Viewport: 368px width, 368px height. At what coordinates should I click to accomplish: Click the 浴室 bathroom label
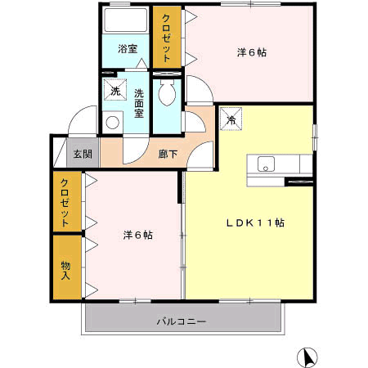click(x=128, y=49)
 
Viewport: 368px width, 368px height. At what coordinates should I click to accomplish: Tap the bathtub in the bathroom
click(x=126, y=20)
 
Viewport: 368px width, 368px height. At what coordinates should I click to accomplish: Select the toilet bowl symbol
click(x=167, y=92)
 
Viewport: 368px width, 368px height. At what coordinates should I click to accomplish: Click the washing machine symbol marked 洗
click(x=115, y=89)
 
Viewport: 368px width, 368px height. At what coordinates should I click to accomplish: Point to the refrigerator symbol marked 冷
click(x=231, y=119)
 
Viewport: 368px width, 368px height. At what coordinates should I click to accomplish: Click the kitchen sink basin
click(x=266, y=164)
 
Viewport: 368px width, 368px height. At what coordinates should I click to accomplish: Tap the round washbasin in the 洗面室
click(x=112, y=123)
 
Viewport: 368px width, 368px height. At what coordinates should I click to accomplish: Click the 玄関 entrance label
click(x=83, y=155)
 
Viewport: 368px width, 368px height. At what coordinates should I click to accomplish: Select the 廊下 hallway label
click(x=168, y=155)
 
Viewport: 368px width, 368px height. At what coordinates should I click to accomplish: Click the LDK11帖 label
click(x=255, y=223)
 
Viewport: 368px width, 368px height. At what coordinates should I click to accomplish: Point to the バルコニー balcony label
click(x=182, y=321)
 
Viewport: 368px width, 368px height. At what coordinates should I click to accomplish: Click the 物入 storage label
click(x=65, y=270)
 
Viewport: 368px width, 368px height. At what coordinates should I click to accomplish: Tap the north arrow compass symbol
click(x=307, y=357)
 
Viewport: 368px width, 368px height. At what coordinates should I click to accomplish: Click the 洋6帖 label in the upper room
click(x=252, y=52)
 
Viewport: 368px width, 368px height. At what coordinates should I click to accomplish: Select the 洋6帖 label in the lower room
click(x=138, y=235)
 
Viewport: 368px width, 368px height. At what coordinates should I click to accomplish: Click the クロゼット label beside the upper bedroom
click(x=166, y=38)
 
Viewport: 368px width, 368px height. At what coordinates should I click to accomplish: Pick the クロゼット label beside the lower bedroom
click(x=65, y=203)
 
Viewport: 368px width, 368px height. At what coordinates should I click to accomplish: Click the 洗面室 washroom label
click(x=139, y=104)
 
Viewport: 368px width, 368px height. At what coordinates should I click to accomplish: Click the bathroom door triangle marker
click(x=141, y=64)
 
